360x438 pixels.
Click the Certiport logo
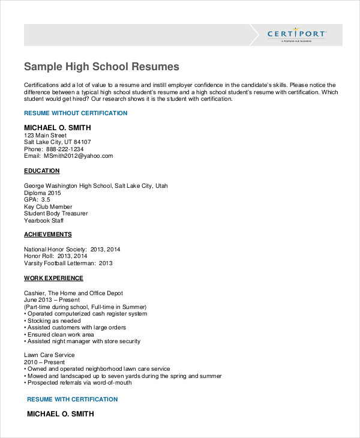click(x=296, y=34)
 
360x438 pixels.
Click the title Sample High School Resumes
click(x=101, y=66)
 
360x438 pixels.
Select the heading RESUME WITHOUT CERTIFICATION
click(x=76, y=113)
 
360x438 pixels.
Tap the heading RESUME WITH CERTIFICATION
click(x=73, y=399)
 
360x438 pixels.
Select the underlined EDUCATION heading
click(x=42, y=171)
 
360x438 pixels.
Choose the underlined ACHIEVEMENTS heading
click(x=48, y=235)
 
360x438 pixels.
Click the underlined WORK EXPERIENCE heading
click(x=53, y=278)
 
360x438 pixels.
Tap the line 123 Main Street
click(x=46, y=136)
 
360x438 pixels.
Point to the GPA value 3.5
click(x=54, y=199)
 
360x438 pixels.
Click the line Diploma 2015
click(x=43, y=193)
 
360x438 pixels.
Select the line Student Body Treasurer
click(x=56, y=214)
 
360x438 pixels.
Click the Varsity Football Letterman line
click(x=68, y=263)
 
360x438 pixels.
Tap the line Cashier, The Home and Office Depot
click(x=73, y=293)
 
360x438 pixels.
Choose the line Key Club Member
click(x=48, y=206)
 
